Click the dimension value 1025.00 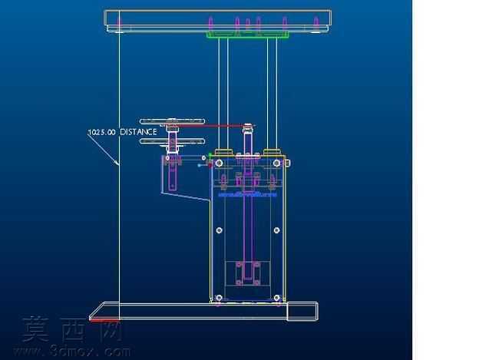pos(102,132)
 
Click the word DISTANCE pos(138,132)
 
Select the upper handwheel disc pos(172,121)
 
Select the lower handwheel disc pos(172,141)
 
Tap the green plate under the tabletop pos(247,35)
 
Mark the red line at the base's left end pos(104,320)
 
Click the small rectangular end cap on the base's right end pos(302,312)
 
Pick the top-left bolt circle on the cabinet pos(219,163)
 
